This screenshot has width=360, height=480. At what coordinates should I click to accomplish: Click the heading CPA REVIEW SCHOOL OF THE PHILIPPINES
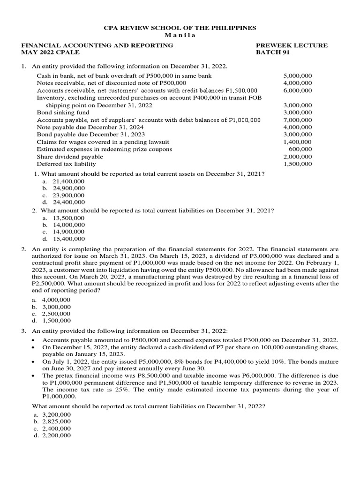point(180,28)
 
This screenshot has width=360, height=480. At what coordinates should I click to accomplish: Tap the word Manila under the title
point(180,36)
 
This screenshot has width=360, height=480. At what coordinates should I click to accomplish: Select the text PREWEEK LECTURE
point(291,45)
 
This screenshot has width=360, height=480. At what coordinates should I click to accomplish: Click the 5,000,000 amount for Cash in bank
point(298,75)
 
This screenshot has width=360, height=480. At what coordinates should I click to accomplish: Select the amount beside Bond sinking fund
point(298,112)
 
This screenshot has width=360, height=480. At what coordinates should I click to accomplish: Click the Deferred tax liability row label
point(66,164)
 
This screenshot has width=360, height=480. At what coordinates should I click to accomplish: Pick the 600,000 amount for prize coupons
point(300,149)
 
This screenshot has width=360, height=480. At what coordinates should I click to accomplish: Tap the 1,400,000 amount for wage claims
point(298,142)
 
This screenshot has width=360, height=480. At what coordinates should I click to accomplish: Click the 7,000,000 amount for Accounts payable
point(298,120)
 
